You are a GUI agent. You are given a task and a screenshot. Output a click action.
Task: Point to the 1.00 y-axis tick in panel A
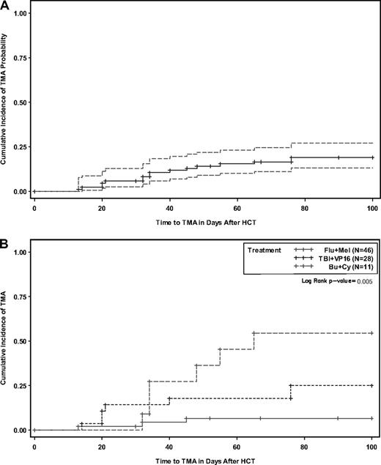point(20,14)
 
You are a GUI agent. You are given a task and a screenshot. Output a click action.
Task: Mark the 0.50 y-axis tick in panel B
point(20,341)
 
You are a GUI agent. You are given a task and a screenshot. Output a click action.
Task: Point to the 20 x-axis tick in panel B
point(102,446)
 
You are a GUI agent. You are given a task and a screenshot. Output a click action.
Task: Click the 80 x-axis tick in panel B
point(304,446)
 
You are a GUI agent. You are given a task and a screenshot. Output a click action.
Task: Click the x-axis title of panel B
point(203,458)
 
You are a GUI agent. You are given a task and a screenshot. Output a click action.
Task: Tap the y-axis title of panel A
point(5,103)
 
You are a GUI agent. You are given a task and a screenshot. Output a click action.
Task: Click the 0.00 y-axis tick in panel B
point(20,430)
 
